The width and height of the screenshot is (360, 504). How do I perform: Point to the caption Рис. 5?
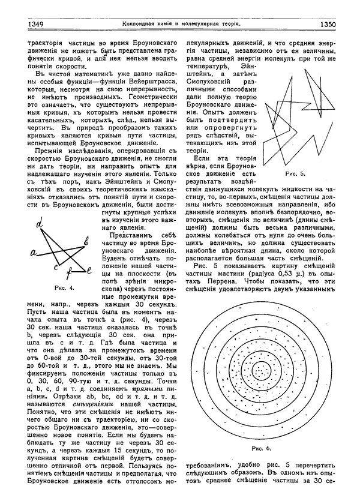(x=295, y=173)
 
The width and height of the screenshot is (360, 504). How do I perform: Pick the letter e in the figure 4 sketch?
(x=89, y=271)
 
